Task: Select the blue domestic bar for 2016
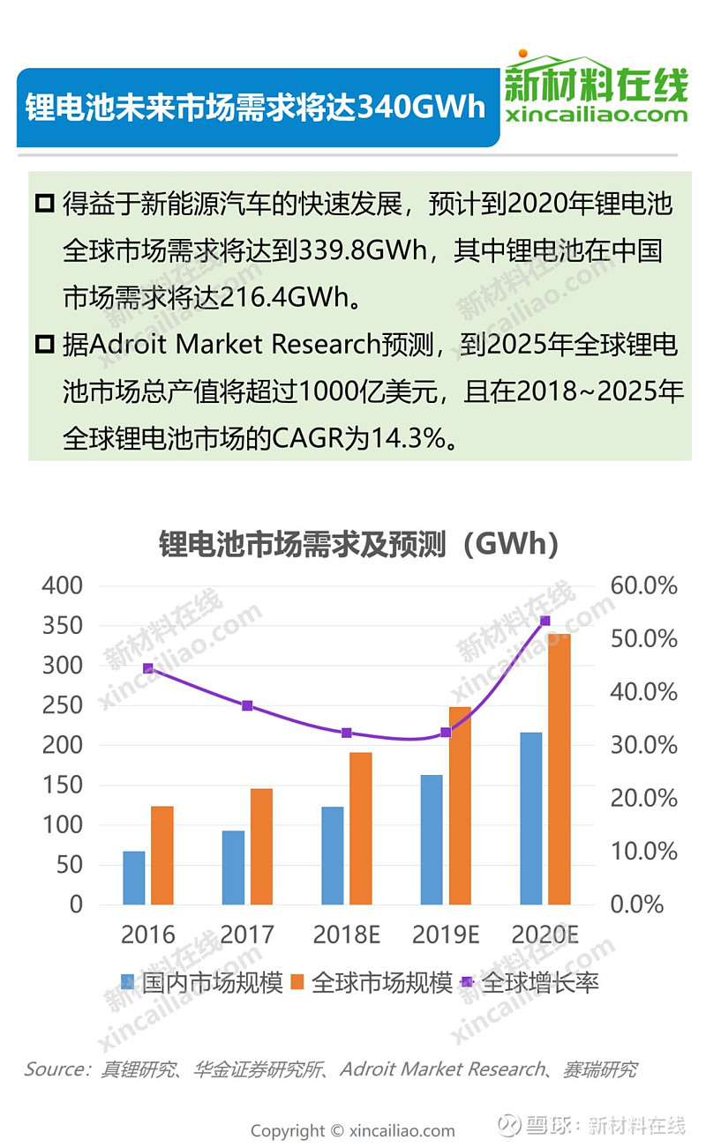tap(134, 877)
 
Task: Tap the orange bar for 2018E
tap(360, 828)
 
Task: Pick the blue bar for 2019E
tap(432, 839)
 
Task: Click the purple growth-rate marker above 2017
tap(247, 705)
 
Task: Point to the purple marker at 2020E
tap(545, 621)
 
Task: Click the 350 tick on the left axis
tap(63, 626)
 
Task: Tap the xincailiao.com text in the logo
tap(597, 115)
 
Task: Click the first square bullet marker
tap(44, 205)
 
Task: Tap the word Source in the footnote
tap(55, 1069)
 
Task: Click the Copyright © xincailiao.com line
tap(353, 1130)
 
